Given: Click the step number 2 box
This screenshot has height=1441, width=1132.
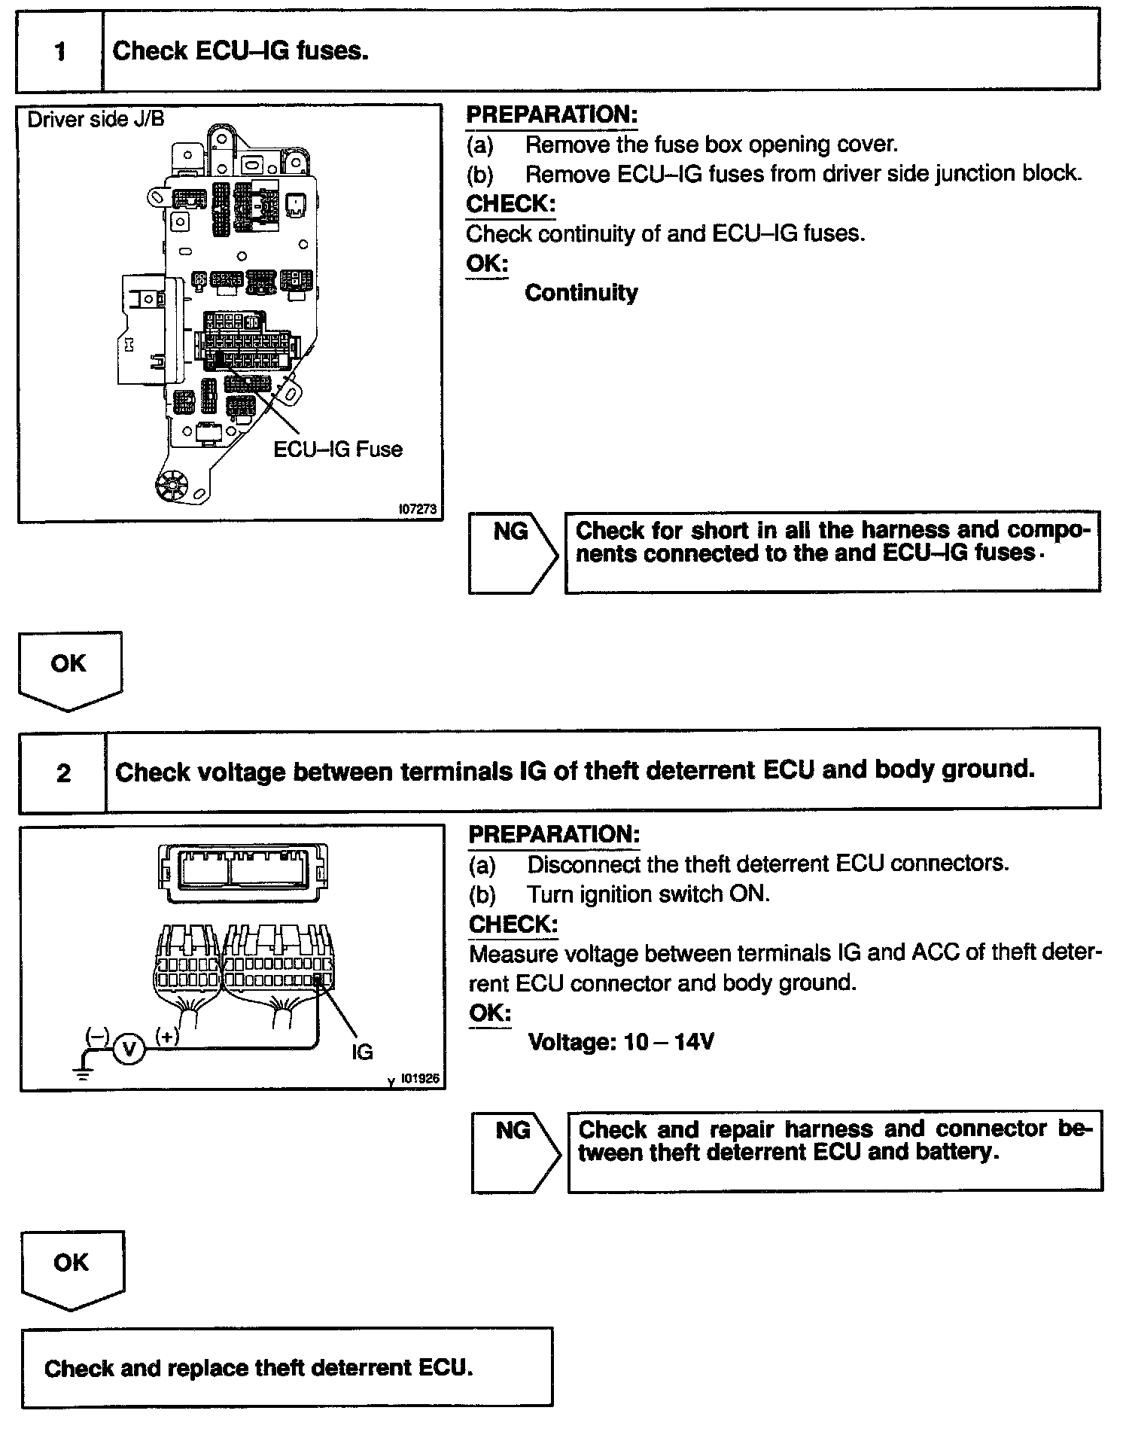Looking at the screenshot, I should [63, 772].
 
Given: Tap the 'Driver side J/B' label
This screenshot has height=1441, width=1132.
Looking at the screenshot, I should [96, 120].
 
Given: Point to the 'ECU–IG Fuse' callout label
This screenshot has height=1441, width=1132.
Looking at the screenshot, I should [337, 449].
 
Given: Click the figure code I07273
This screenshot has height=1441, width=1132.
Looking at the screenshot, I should [417, 510].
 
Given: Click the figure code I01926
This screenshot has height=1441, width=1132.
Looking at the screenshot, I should [419, 1079].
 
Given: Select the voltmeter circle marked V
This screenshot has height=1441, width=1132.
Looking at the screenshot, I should [129, 1048].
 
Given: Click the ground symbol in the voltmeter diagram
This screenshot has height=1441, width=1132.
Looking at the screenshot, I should [84, 1071].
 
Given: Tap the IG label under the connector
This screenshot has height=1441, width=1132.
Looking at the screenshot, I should [362, 1052].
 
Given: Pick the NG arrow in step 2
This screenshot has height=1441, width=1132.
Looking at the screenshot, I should [516, 1153].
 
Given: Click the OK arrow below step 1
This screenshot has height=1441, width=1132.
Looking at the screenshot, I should [69, 669].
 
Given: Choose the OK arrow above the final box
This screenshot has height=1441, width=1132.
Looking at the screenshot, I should [72, 1269].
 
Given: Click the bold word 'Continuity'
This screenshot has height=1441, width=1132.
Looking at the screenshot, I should [581, 292].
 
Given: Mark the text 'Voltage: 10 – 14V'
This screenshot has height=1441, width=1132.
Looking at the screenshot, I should [621, 1042].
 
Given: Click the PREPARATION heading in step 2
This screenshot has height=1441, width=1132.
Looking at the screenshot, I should [554, 834].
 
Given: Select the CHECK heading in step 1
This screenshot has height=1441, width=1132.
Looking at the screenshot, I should [510, 204].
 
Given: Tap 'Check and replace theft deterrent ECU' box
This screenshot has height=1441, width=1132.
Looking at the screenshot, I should [287, 1367].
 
